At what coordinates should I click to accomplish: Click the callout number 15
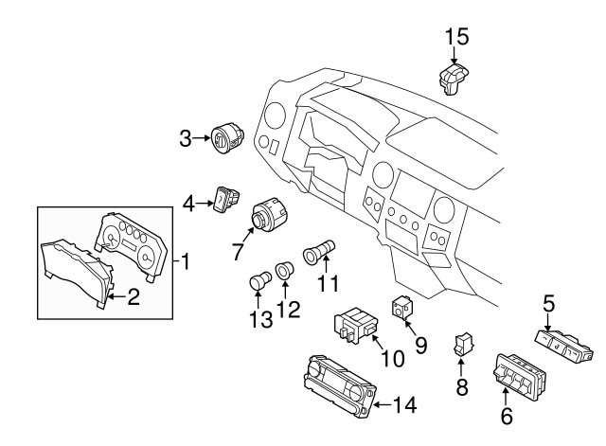pos(456,37)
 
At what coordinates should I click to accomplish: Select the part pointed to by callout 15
pos(454,80)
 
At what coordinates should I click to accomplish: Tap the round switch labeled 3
pos(227,138)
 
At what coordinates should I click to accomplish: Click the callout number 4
pos(188,204)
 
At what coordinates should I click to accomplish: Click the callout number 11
pos(328,283)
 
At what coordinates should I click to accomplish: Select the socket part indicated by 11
pos(318,252)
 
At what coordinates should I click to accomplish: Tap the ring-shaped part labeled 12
pos(284,270)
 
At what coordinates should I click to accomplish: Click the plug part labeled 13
pos(259,279)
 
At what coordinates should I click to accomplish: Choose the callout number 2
pos(134,296)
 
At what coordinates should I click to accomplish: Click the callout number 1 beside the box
pos(186,261)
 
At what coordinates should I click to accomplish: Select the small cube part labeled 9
pos(402,308)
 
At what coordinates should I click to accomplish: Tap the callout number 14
pos(404,404)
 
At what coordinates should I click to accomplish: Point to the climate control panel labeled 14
pos(340,386)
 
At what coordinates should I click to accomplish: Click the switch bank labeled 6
pos(520,377)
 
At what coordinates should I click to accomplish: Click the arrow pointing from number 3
pos(202,138)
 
